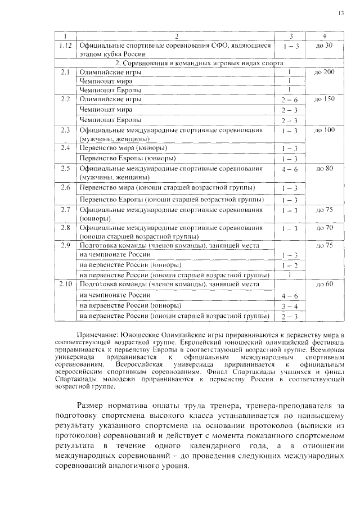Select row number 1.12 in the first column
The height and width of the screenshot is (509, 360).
tap(65, 45)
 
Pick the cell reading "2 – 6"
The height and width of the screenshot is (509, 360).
tap(289, 100)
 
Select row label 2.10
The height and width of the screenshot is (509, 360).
tap(65, 285)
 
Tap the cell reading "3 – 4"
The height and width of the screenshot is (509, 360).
tap(289, 306)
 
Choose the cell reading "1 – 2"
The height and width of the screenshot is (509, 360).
tap(289, 265)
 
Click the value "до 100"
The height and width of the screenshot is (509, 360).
tap(325, 130)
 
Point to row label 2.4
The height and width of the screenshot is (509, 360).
tap(65, 148)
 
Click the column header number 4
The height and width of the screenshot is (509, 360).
tap(325, 35)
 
